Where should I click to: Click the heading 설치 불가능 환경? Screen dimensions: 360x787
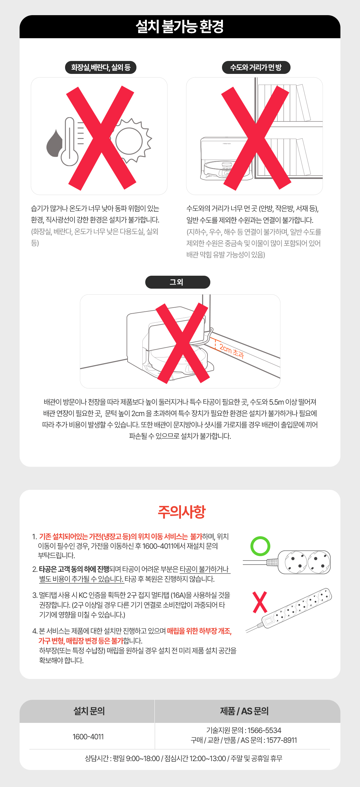tap(180, 27)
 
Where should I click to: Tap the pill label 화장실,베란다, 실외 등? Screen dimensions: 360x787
tap(101, 67)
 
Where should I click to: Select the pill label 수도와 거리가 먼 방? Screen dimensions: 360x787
tap(256, 67)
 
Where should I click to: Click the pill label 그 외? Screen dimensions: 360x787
tap(177, 282)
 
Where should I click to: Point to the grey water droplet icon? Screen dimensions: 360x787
tap(54, 144)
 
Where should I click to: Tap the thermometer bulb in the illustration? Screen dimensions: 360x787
tap(69, 157)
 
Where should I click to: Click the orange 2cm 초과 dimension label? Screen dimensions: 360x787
tap(231, 351)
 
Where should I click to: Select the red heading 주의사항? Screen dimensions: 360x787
tap(182, 512)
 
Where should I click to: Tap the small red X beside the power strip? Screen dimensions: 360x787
tap(260, 603)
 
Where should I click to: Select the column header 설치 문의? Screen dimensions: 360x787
tap(89, 711)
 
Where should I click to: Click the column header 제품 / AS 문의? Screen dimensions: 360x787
tap(244, 711)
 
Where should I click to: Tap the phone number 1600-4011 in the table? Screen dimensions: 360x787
tap(88, 737)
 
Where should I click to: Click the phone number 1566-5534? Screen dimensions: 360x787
tap(264, 730)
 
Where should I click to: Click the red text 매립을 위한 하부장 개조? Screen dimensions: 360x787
tap(199, 631)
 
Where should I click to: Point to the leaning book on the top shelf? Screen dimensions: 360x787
tap(303, 103)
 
